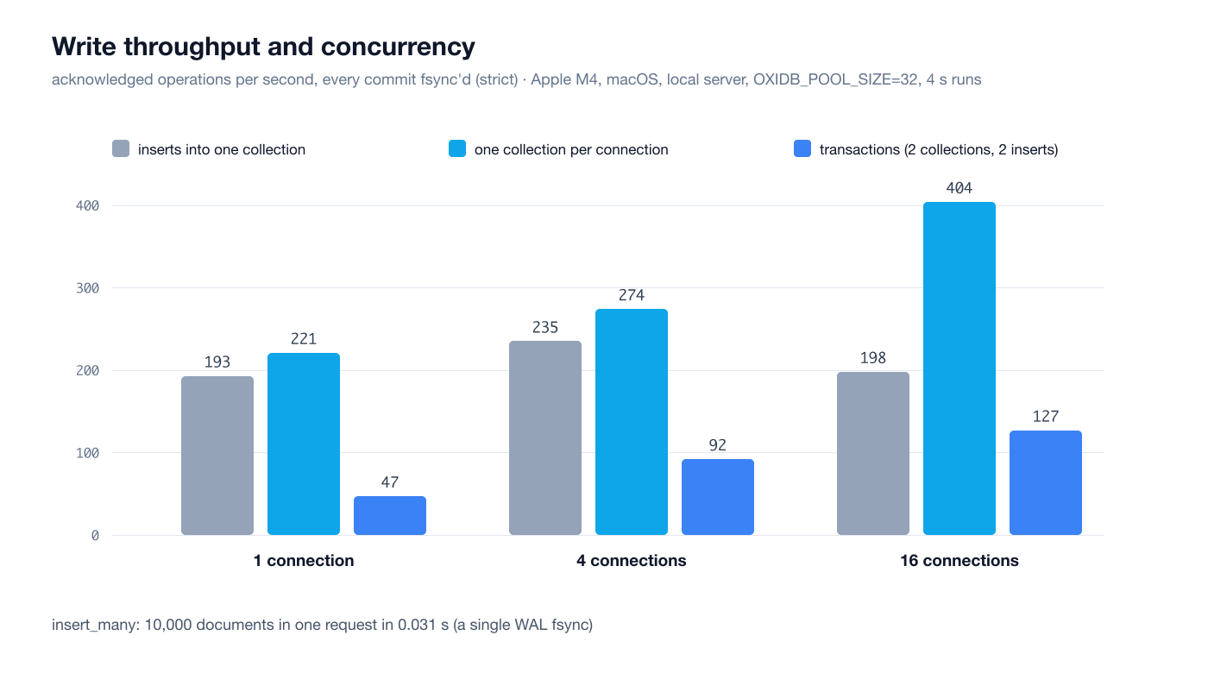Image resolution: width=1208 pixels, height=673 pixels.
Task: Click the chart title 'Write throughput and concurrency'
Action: pos(263,47)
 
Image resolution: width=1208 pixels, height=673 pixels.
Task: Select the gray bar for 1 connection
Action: pos(217,456)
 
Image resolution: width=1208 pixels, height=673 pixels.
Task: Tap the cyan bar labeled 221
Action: pos(304,443)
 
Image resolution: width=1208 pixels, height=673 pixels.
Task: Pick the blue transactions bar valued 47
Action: pos(390,516)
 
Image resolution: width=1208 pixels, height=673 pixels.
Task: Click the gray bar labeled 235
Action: pos(545,438)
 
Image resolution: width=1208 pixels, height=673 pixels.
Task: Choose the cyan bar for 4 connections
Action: pos(632,422)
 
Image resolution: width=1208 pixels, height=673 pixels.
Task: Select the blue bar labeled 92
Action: pos(718,497)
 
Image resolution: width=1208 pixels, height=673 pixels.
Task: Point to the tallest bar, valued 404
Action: pos(959,368)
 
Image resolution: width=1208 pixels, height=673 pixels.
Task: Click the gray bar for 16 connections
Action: pos(873,454)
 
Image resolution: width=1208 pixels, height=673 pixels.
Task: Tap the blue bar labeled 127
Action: pos(1046,482)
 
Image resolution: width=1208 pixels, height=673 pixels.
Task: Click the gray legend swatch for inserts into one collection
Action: pos(121,148)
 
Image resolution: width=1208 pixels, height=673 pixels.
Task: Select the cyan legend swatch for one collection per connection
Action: pos(457,148)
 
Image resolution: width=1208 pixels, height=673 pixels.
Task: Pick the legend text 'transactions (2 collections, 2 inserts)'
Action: pos(939,149)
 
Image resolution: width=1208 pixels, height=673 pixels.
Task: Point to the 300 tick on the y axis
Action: pos(87,288)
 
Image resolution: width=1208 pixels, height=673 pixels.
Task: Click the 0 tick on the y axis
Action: pos(95,536)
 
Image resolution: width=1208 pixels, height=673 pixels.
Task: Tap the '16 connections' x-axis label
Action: pos(959,561)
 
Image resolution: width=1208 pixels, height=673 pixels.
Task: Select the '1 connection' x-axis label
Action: pos(304,561)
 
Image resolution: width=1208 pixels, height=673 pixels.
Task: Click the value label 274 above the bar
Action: pos(632,295)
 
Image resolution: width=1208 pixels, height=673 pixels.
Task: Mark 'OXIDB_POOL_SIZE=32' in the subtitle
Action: pos(835,79)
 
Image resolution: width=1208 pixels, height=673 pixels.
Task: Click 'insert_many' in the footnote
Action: pos(95,625)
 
